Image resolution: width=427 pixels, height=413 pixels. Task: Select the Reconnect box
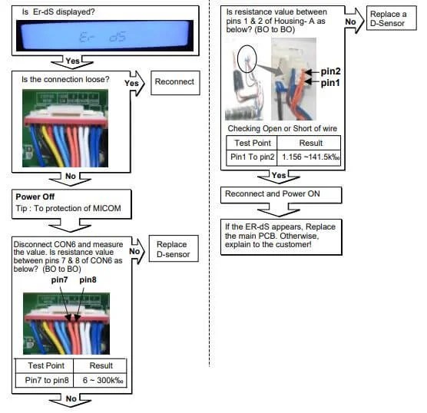[x=174, y=82]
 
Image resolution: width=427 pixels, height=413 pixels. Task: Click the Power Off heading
[x=37, y=197]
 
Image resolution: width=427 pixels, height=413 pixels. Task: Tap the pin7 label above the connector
[x=61, y=280]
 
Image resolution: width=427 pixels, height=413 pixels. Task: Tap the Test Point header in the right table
[x=250, y=143]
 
